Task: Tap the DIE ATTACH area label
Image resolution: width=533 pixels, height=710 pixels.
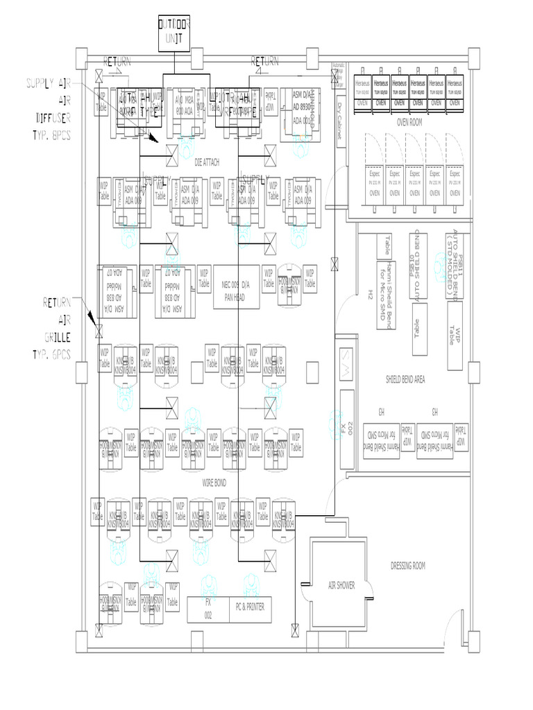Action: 207,162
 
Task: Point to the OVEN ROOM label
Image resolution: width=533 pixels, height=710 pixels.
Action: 409,121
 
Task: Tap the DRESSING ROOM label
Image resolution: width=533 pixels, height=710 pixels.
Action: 408,566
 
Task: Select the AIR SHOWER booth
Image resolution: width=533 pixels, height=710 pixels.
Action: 341,586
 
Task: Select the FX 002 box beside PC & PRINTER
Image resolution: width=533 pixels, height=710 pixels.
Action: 208,608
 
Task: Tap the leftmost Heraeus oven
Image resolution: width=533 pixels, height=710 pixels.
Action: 363,89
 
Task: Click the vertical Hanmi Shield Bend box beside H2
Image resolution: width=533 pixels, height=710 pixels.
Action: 386,295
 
